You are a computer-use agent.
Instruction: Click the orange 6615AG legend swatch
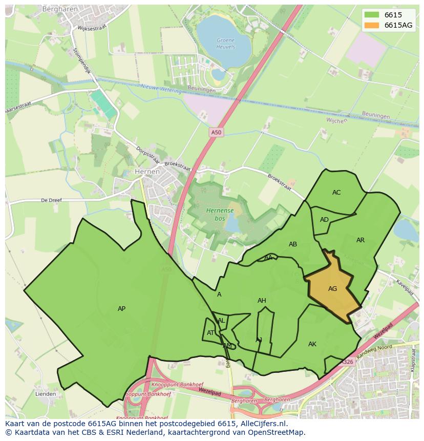[372, 25]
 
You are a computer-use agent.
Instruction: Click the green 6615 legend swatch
[372, 15]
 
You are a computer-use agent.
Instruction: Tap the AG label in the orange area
[332, 289]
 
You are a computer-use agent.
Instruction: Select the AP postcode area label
[121, 309]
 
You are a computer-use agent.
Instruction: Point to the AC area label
[336, 193]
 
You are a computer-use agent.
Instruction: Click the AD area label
[324, 220]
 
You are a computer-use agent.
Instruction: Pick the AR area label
[361, 240]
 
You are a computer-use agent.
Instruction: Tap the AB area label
[293, 244]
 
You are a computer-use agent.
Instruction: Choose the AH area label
[262, 301]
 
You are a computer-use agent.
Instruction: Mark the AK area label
[312, 344]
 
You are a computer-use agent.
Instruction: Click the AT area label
[211, 333]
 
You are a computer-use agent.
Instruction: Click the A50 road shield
[217, 133]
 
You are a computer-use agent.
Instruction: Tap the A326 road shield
[347, 362]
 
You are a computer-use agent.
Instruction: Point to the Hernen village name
[147, 172]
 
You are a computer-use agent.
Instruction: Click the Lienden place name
[46, 394]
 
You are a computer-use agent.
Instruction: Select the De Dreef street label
[51, 200]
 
